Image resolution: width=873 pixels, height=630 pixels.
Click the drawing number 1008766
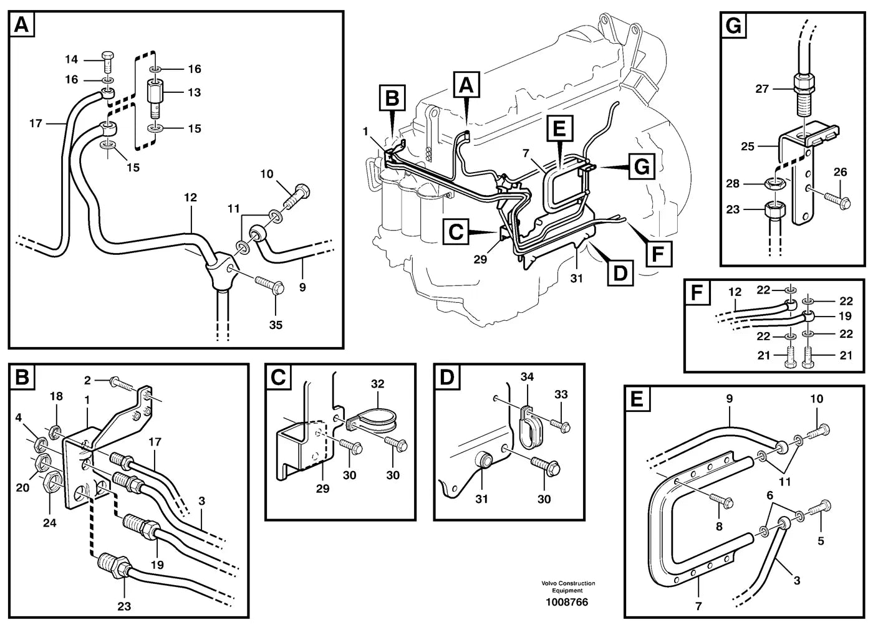[567, 602]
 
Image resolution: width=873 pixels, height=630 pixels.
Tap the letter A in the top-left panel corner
[21, 25]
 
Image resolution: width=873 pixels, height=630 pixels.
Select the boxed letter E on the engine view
[560, 128]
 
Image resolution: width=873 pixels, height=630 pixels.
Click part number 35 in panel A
[276, 325]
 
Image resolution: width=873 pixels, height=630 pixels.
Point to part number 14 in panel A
[71, 59]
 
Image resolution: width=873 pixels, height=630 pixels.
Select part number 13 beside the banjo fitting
[194, 92]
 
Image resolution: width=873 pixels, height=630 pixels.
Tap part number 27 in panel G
[762, 88]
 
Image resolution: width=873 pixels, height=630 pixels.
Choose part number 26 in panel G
[841, 172]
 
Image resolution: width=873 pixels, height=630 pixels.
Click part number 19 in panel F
[845, 316]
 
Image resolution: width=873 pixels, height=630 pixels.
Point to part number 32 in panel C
[377, 384]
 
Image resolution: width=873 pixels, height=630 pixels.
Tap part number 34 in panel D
[527, 376]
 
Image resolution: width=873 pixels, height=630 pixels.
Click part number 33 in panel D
[561, 394]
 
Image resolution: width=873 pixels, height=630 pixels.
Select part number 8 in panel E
[719, 527]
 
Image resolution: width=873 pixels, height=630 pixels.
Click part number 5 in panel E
[821, 541]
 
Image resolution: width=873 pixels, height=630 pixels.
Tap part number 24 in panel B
[49, 523]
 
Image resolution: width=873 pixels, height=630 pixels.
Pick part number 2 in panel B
[87, 380]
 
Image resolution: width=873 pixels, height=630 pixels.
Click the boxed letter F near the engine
[658, 254]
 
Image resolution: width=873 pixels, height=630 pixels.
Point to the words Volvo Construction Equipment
[568, 587]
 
